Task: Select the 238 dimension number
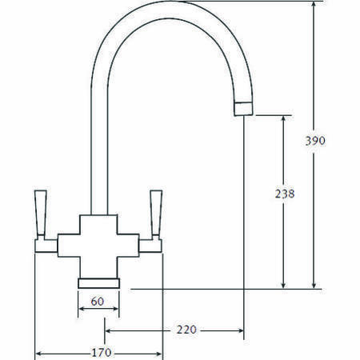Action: pyautogui.click(x=283, y=194)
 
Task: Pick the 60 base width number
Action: pyautogui.click(x=98, y=302)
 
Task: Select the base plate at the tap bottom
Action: pyautogui.click(x=98, y=282)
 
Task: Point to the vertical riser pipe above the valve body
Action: pyautogui.click(x=98, y=160)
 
